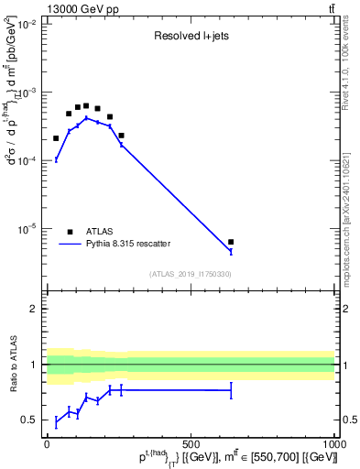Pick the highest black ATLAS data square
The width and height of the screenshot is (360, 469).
[86, 105]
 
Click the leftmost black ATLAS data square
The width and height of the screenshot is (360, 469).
[56, 138]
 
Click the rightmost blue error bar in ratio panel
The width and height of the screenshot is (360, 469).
[231, 390]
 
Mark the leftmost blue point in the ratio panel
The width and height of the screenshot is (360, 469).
[56, 421]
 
